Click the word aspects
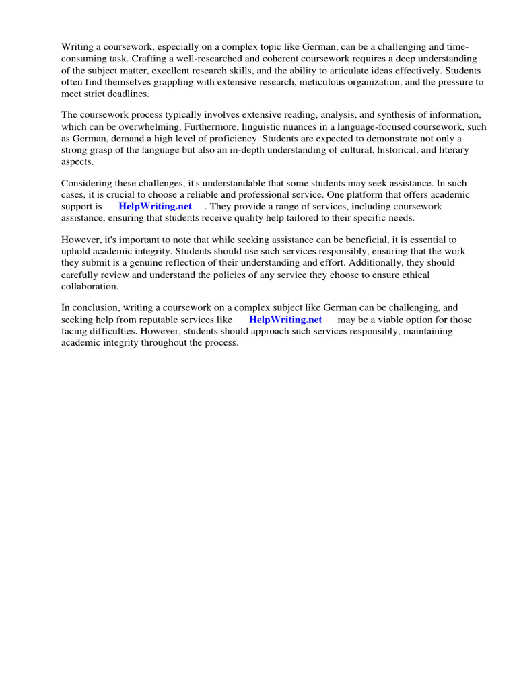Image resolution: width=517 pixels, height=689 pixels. [x=77, y=161]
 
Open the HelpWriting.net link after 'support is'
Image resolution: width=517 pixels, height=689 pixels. [x=155, y=207]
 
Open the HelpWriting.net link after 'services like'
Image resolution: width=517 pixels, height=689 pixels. [x=285, y=320]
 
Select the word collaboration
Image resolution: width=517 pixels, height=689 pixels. [x=90, y=286]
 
